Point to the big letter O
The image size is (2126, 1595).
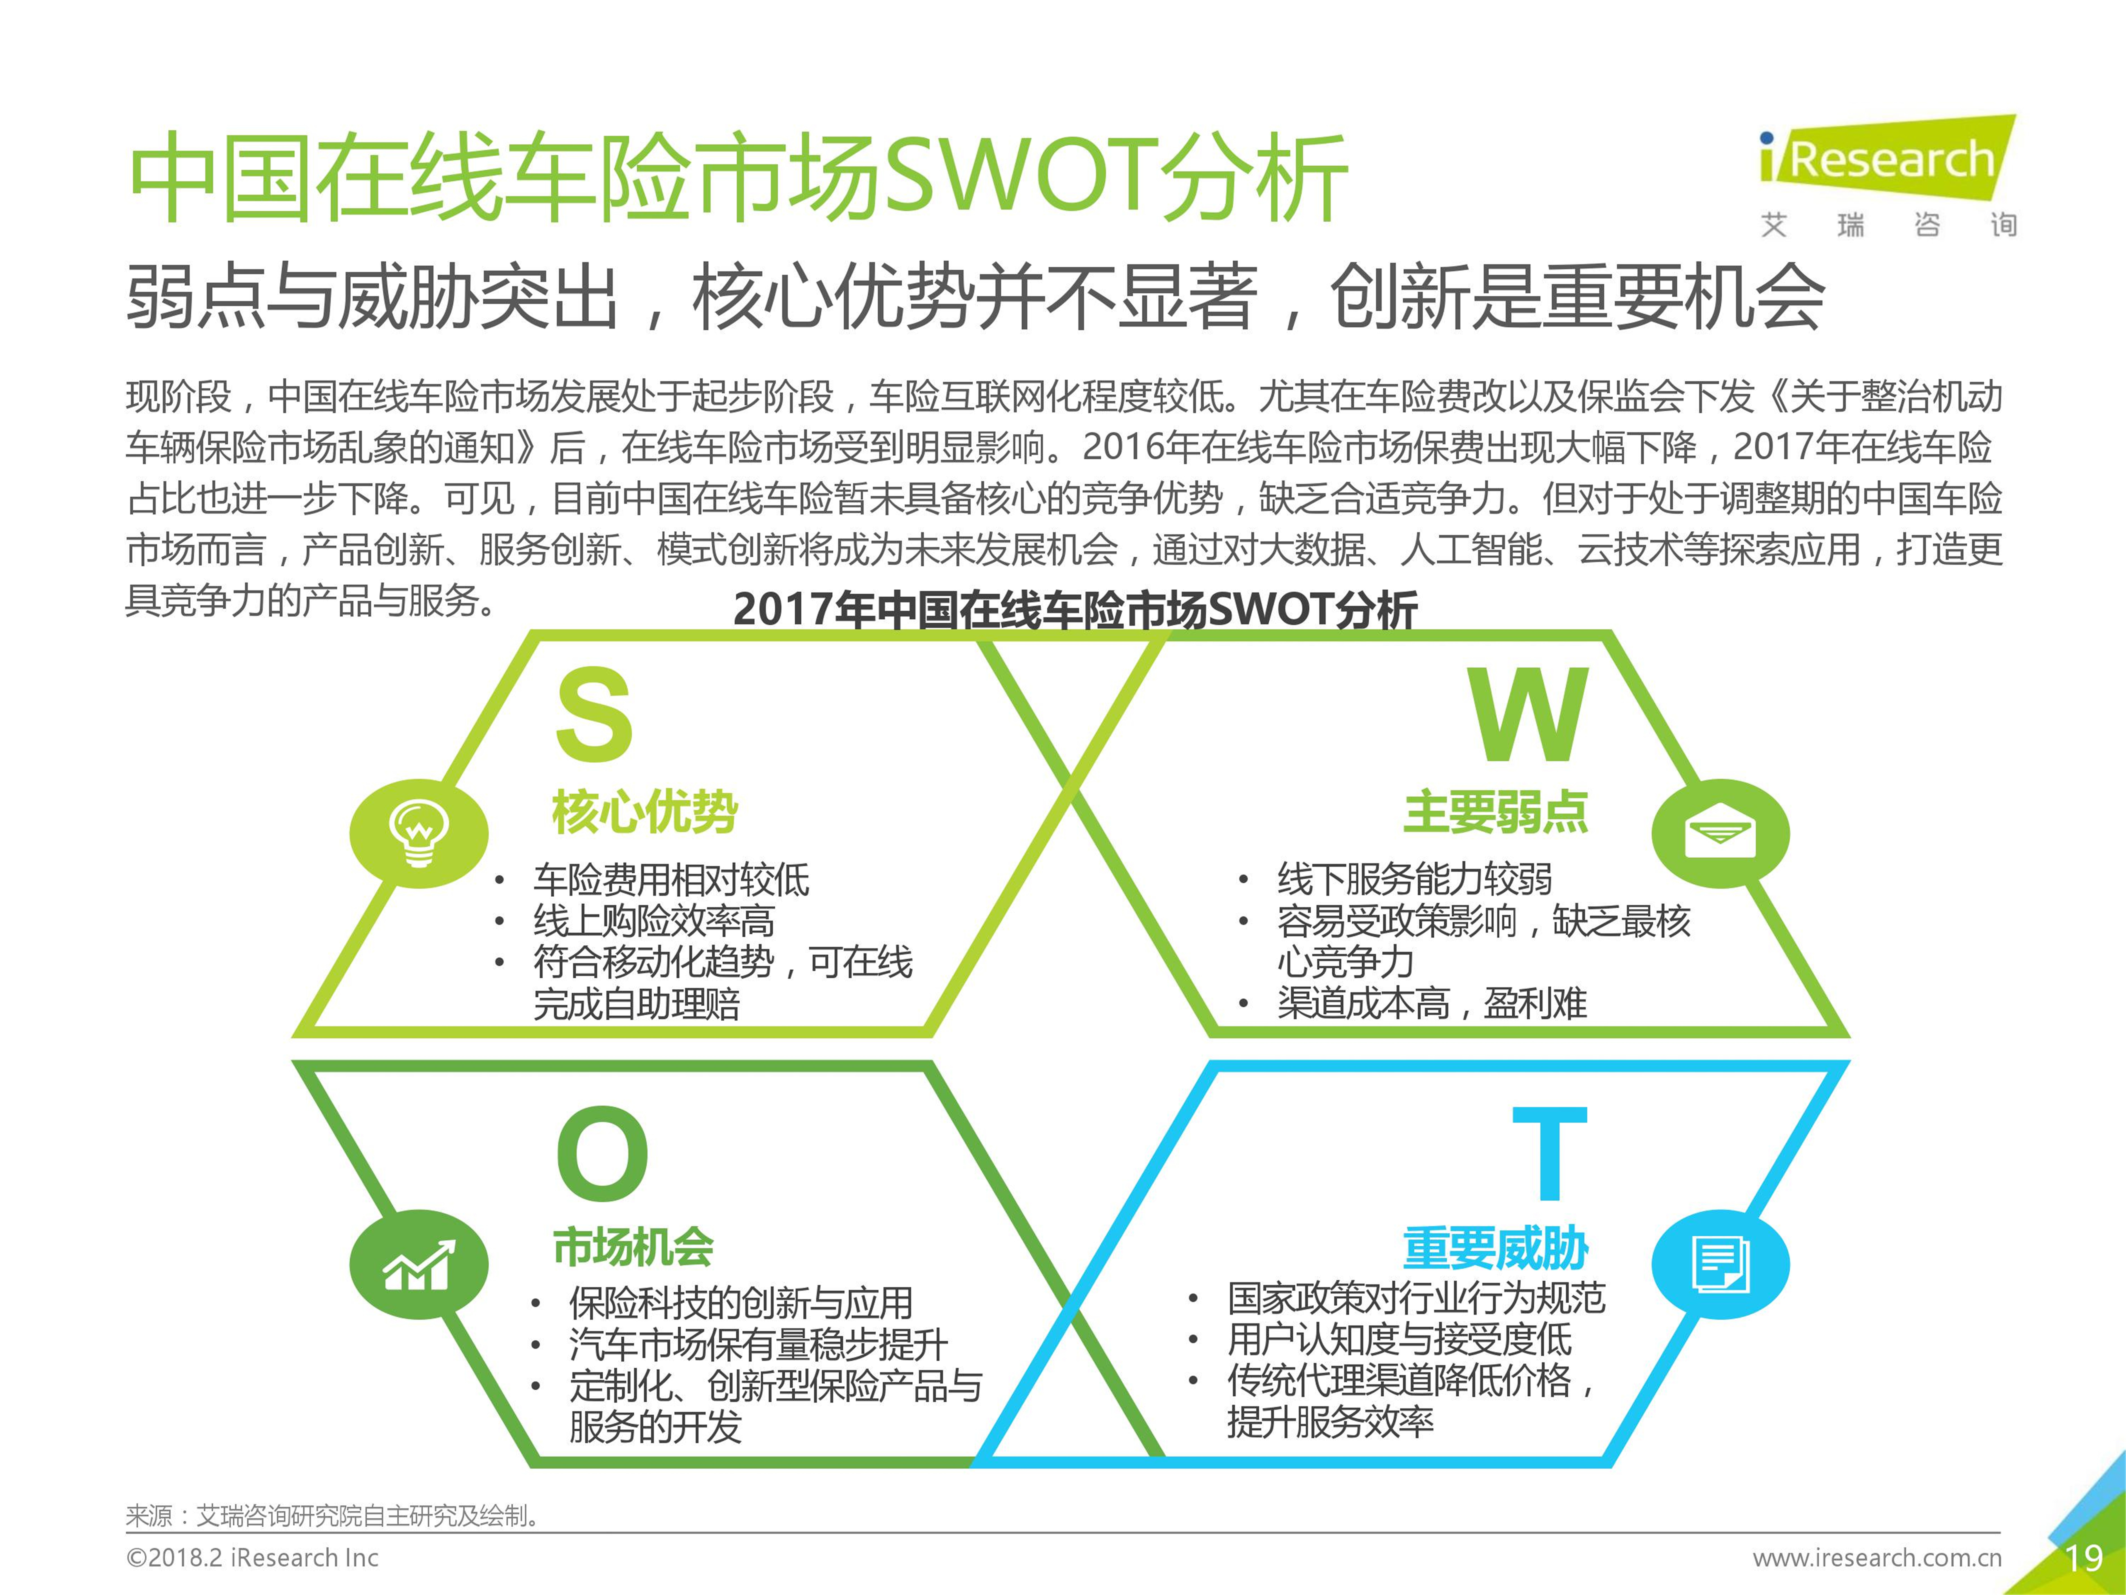click(x=603, y=1153)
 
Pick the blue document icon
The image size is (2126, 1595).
click(x=1721, y=1262)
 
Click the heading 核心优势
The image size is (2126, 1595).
click(x=645, y=811)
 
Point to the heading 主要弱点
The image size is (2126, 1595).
click(x=1496, y=811)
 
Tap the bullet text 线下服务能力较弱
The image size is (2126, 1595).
click(x=1415, y=879)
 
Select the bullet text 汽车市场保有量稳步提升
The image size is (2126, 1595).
click(x=758, y=1344)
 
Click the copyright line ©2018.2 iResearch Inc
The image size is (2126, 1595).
click(x=253, y=1558)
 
